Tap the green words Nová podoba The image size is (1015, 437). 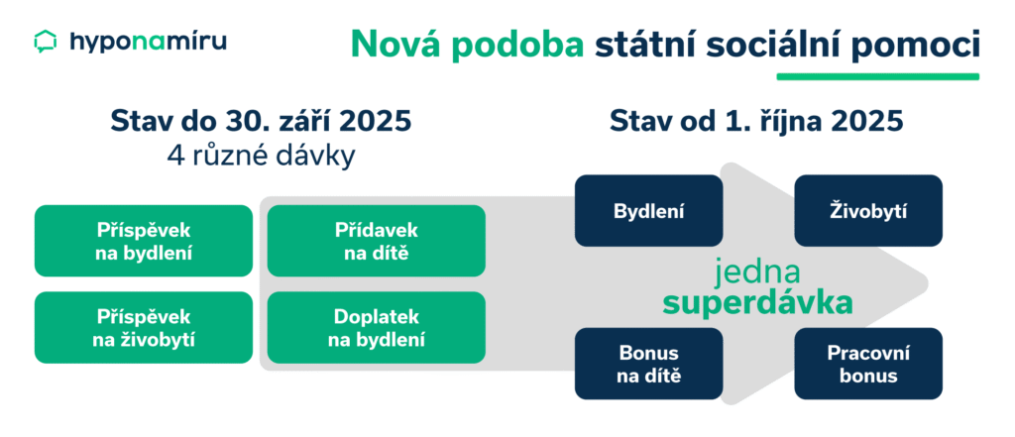468,46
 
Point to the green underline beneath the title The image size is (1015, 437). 877,75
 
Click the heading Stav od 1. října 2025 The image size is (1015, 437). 756,123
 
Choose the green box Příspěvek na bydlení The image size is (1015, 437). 144,241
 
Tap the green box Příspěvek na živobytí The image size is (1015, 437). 144,327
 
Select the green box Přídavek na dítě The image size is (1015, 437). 377,241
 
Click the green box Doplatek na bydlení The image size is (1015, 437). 377,327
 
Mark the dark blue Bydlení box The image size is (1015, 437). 649,210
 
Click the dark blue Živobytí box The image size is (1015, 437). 868,210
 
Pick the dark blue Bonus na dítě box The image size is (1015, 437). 649,363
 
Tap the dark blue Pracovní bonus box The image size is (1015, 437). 868,363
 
